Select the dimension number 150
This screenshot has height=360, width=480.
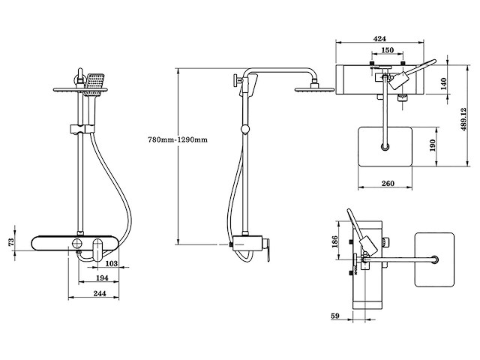click(x=387, y=51)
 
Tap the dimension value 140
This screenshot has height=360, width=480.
click(x=443, y=83)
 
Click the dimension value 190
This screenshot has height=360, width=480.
click(x=433, y=145)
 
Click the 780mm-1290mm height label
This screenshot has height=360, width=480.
click(x=178, y=140)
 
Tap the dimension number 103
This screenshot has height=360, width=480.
click(x=110, y=264)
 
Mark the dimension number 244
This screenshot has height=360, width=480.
click(x=94, y=295)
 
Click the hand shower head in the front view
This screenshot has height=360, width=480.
click(x=95, y=84)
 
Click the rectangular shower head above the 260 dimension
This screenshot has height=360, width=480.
click(x=387, y=146)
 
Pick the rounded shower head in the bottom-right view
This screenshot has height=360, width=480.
click(x=434, y=260)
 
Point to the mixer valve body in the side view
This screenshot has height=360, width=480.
click(x=247, y=244)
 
